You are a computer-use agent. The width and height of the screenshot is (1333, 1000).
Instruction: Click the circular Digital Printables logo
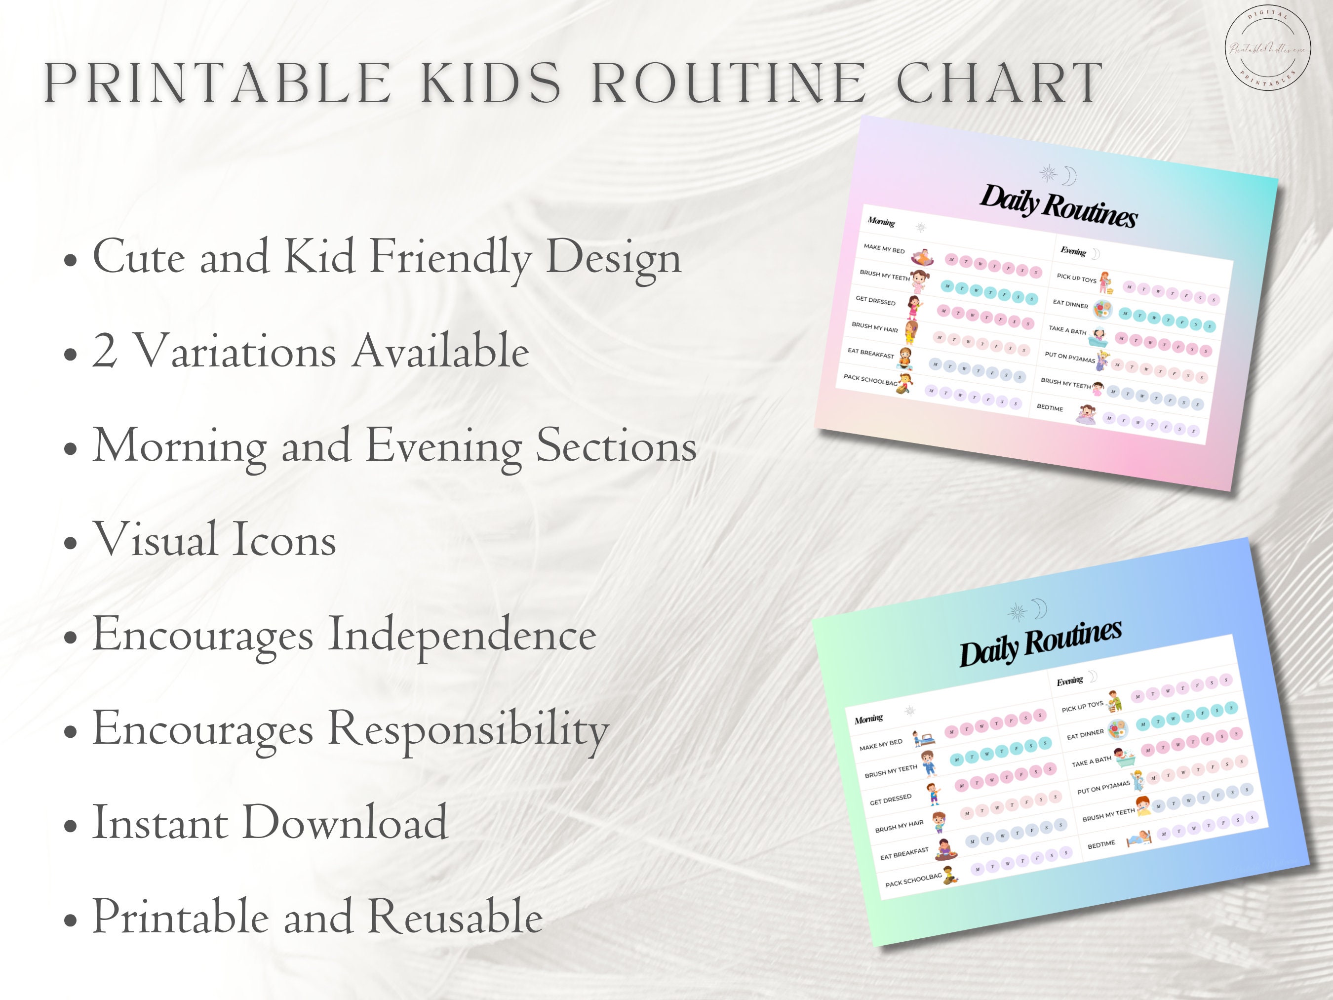(1267, 49)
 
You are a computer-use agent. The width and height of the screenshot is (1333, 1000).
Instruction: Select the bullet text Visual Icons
(214, 539)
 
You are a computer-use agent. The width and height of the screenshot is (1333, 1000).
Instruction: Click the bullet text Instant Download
(270, 822)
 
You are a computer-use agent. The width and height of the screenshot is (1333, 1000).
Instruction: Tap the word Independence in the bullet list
(462, 635)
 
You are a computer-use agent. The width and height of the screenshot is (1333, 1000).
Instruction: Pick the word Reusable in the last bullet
(456, 916)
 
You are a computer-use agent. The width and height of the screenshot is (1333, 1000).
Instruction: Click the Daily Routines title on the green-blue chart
(1040, 642)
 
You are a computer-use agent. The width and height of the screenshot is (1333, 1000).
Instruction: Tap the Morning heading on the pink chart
(881, 222)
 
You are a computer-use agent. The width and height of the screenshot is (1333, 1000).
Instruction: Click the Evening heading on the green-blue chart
(1070, 681)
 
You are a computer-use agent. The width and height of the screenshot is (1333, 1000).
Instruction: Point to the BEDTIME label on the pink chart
(1050, 408)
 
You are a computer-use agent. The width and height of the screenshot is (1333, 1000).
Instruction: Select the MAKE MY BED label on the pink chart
(884, 248)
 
